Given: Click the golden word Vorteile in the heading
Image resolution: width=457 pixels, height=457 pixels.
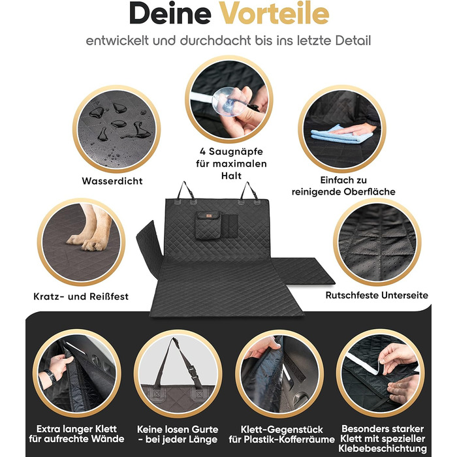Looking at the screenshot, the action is click(x=274, y=14).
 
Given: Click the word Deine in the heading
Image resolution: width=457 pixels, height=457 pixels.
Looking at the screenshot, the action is click(x=170, y=14).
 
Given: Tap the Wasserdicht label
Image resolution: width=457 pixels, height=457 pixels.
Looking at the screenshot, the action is click(x=112, y=181).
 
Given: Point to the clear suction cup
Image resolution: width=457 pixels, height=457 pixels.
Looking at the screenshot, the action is click(x=228, y=102).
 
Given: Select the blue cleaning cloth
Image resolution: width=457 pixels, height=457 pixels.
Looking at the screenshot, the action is click(x=341, y=134).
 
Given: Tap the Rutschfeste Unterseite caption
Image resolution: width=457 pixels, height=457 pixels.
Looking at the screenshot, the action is click(x=377, y=295).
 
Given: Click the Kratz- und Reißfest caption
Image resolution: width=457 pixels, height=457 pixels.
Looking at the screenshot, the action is click(x=81, y=296).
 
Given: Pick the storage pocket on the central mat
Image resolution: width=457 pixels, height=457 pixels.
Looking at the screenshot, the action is click(x=208, y=225).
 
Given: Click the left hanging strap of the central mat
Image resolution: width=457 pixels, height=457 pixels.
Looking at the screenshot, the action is click(x=185, y=191).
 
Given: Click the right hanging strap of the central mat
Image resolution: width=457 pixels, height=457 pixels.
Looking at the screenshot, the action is click(x=249, y=191).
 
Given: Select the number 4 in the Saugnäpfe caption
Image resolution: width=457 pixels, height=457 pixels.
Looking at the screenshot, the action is click(x=203, y=151).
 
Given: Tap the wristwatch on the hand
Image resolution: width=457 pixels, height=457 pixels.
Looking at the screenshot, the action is click(x=50, y=377).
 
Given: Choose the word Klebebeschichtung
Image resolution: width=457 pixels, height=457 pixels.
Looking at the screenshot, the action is click(x=383, y=449).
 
